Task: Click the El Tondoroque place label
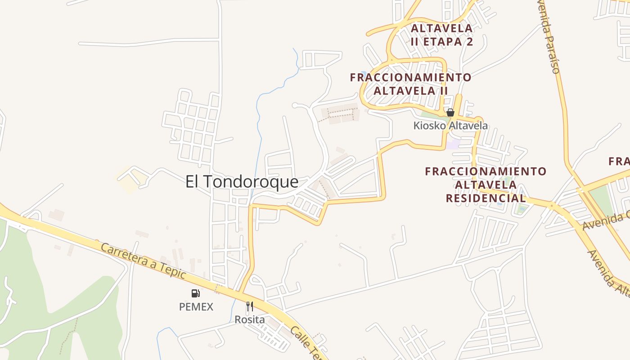[x=242, y=182]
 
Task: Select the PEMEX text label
[x=196, y=307]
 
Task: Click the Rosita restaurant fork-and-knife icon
[x=250, y=306]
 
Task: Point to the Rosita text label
[x=250, y=320]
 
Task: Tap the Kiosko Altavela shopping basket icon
[x=450, y=112]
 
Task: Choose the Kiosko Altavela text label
[x=450, y=126]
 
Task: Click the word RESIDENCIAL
[x=486, y=198]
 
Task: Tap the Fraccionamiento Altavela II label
[x=411, y=84]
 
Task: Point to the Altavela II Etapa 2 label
[x=442, y=35]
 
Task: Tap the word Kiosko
[x=429, y=126]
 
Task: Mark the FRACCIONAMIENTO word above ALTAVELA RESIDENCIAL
[x=486, y=171]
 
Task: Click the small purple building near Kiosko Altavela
[x=453, y=144]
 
